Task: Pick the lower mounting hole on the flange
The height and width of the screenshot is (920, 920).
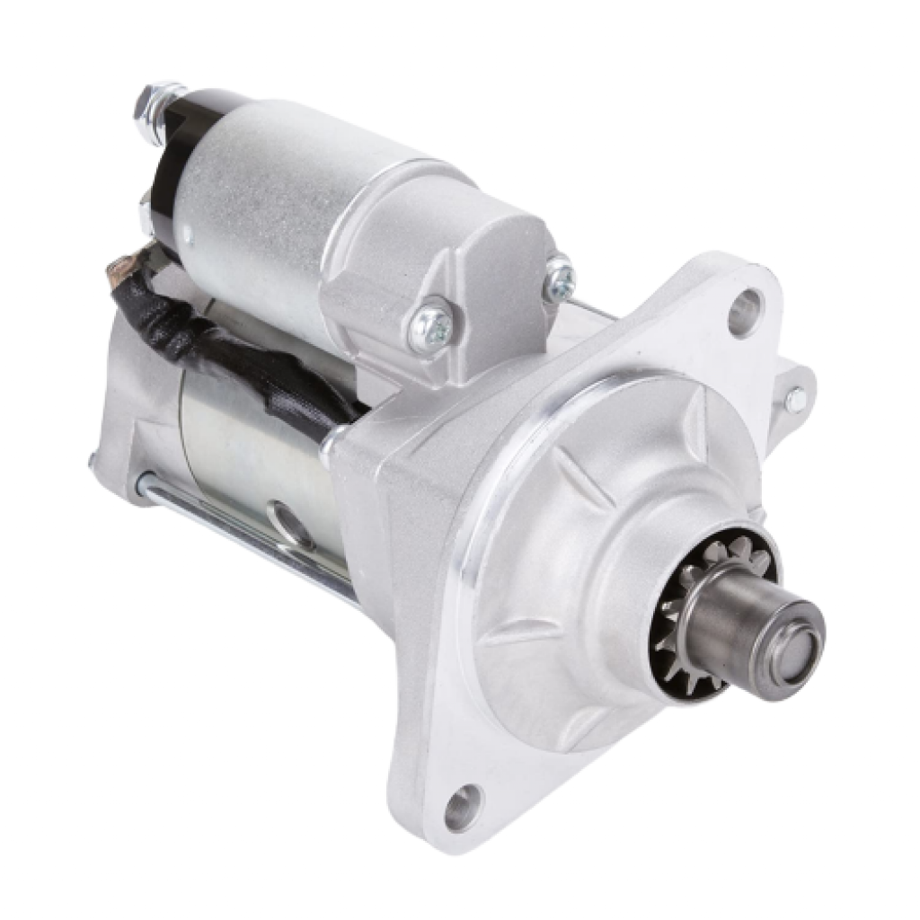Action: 460,806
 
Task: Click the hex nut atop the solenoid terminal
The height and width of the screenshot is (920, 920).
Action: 160,103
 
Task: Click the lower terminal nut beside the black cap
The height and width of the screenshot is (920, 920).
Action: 146,212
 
